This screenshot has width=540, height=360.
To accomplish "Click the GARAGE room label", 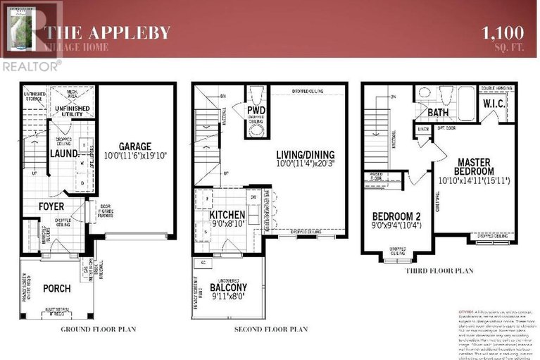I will click(x=136, y=146).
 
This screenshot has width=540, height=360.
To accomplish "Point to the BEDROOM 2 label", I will click(x=393, y=216).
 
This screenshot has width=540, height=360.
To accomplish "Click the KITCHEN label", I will click(x=227, y=215).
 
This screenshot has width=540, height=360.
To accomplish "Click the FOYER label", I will click(x=51, y=206).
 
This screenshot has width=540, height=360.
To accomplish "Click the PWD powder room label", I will click(x=255, y=112).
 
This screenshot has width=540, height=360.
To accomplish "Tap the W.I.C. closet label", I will click(x=493, y=104).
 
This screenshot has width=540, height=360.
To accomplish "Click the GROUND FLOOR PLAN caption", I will click(x=98, y=329).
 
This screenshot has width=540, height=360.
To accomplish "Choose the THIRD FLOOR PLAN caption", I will click(x=439, y=270).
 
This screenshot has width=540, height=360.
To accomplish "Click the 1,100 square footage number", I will click(x=502, y=32).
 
